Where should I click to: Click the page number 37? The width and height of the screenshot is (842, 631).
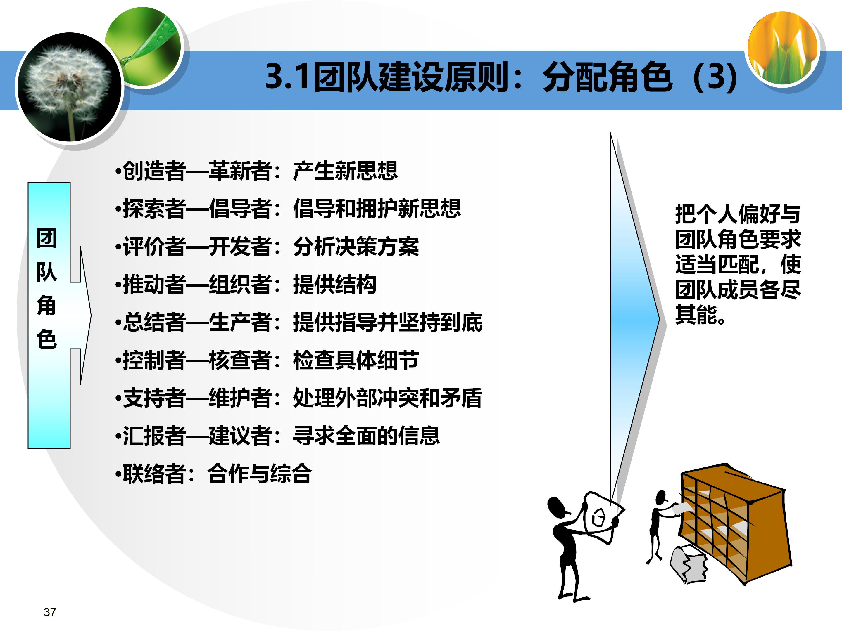point(50,612)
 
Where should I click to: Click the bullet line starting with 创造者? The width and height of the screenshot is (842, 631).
point(257,171)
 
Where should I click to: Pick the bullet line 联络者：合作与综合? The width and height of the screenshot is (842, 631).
point(213,474)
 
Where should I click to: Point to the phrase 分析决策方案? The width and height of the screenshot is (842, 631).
point(356,247)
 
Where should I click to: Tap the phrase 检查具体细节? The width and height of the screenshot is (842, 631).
point(356,360)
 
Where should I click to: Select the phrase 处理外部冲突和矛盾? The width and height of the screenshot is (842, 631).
point(387,398)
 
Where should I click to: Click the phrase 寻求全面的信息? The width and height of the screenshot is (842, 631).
point(366,436)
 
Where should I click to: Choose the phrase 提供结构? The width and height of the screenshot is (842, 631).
point(334,285)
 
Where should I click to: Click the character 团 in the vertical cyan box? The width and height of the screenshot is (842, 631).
point(47,239)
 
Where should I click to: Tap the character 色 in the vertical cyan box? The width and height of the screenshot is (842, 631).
point(47,339)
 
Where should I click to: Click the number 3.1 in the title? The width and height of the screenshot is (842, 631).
point(287,77)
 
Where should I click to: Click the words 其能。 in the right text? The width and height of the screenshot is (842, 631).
point(700,315)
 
